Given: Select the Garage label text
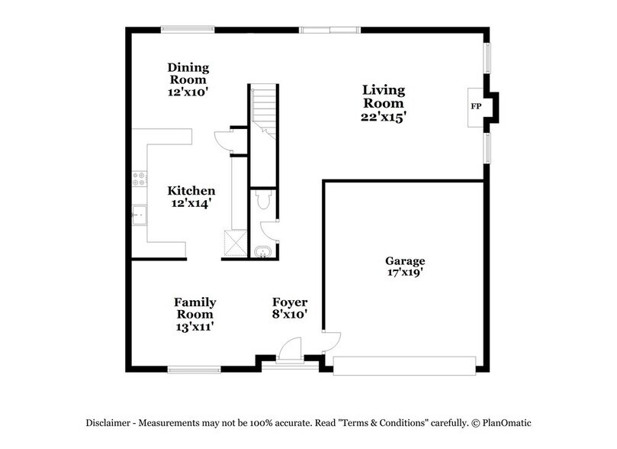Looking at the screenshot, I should [405, 260].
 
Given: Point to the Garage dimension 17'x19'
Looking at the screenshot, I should [405, 272].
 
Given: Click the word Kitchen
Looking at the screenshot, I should [191, 191].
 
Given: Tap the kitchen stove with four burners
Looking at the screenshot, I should [139, 179].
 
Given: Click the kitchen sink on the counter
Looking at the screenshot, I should [140, 217].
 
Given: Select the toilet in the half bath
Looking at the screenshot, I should [262, 201].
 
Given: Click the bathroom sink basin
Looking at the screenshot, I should [263, 250].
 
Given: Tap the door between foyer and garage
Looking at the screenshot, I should [327, 341].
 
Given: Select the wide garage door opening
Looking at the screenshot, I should [404, 365].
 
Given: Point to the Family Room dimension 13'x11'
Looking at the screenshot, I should [194, 325].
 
